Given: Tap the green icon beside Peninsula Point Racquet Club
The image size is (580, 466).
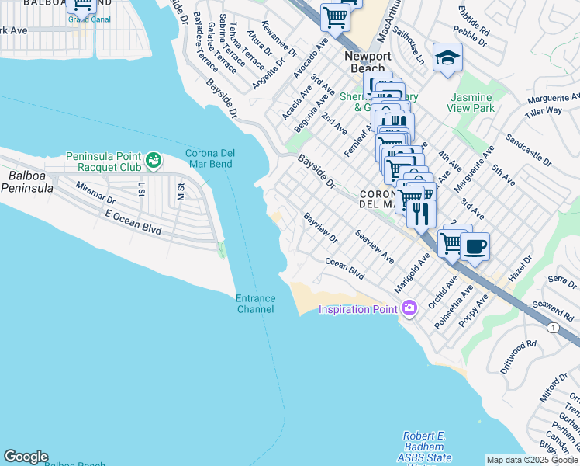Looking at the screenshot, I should click(154, 161).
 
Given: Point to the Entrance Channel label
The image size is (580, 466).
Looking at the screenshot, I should click(255, 304).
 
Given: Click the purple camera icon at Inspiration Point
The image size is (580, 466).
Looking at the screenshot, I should click(409, 309).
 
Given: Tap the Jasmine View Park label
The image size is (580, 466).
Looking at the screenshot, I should click(471, 103).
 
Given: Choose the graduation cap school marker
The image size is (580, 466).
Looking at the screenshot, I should click(447, 57).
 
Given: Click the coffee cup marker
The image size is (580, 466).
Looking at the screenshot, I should click(475, 247).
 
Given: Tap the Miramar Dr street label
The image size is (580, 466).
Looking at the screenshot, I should click(95, 193).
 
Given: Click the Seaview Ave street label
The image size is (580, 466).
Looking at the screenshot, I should click(375, 245).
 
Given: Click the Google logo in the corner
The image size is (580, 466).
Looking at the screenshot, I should click(26, 457).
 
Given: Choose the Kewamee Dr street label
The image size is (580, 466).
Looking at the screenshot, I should click(279, 39).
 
